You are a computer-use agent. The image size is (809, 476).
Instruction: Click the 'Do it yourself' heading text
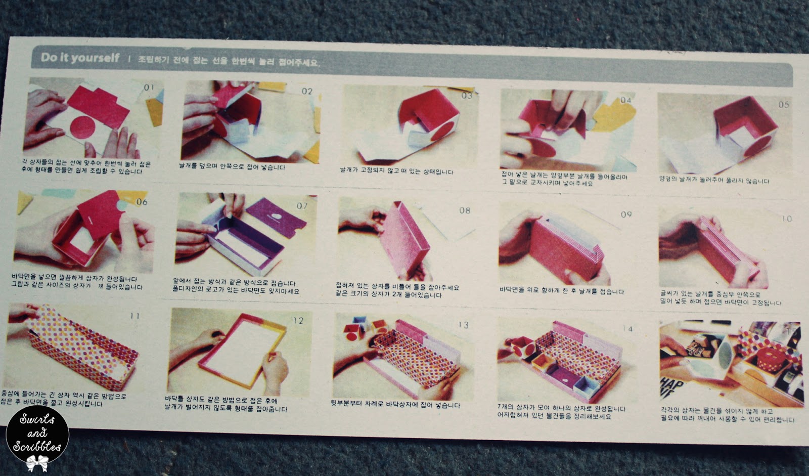point(80,58)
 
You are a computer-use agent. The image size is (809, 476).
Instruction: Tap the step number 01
point(149,88)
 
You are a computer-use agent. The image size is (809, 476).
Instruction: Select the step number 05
point(783,105)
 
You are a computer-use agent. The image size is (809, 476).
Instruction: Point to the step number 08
point(464,210)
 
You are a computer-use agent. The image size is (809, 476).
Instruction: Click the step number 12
point(298,321)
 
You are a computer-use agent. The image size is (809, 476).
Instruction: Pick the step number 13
point(463,325)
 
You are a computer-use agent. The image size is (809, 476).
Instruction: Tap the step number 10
point(786,219)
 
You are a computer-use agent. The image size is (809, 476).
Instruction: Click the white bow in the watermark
point(37,462)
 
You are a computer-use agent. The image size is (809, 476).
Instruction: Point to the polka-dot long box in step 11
point(76,344)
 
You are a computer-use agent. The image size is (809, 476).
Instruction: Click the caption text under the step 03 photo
point(396,171)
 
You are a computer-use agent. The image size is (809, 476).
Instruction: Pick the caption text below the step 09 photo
point(561,291)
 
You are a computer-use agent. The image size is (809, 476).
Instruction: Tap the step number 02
point(307,92)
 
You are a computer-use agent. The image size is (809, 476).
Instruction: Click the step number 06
point(142,202)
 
